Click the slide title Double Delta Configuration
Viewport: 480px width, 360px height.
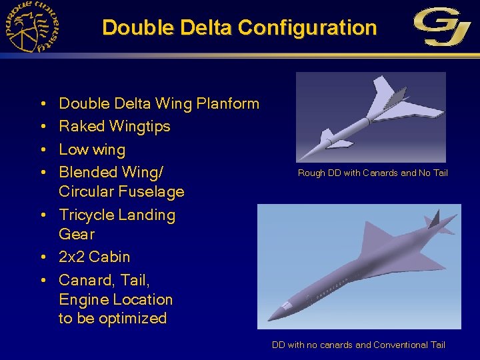coord(239,28)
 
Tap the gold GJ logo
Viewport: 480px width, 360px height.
coord(443,27)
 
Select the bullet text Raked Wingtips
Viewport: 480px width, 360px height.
coord(115,126)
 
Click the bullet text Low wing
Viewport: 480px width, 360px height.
coord(92,149)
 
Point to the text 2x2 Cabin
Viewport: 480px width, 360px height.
coord(95,257)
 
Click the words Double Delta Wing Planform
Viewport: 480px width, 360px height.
coord(159,103)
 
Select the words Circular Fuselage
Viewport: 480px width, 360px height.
coord(121,192)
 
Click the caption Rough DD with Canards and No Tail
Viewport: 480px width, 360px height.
coord(373,173)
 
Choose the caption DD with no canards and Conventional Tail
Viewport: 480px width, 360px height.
coord(358,345)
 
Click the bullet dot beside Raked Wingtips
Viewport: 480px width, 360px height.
coord(42,127)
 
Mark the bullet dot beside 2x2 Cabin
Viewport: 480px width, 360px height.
coord(42,257)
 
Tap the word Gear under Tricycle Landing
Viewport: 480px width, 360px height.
coord(77,234)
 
